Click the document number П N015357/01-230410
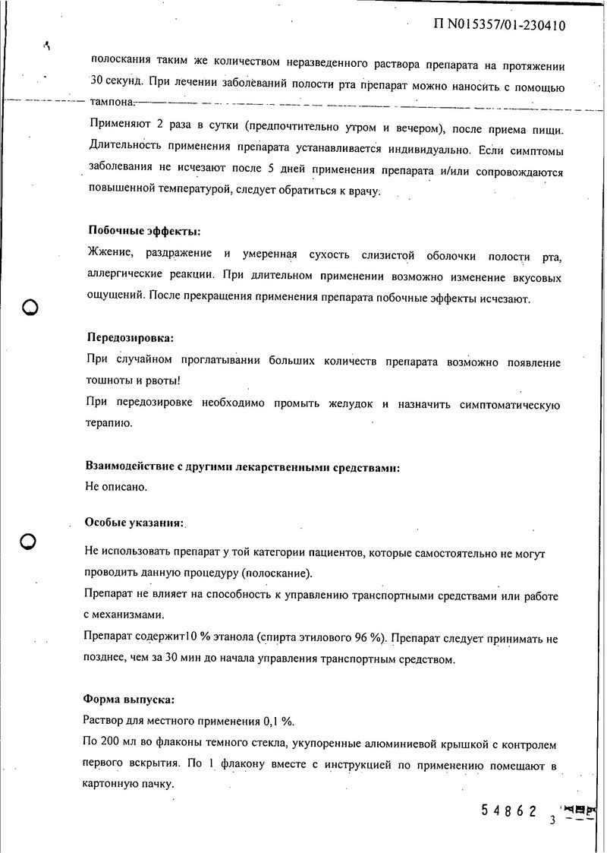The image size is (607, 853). click(x=499, y=26)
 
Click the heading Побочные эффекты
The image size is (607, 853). click(x=144, y=231)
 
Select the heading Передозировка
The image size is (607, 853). click(x=130, y=337)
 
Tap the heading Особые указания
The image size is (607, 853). click(x=134, y=523)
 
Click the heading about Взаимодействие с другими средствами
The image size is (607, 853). click(x=243, y=468)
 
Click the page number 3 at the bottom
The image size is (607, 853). click(x=553, y=820)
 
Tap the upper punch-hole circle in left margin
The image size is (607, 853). click(x=30, y=308)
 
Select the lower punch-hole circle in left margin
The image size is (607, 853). click(x=29, y=541)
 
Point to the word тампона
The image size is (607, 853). click(x=112, y=102)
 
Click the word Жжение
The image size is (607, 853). click(x=109, y=254)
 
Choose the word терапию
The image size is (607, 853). click(x=110, y=422)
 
